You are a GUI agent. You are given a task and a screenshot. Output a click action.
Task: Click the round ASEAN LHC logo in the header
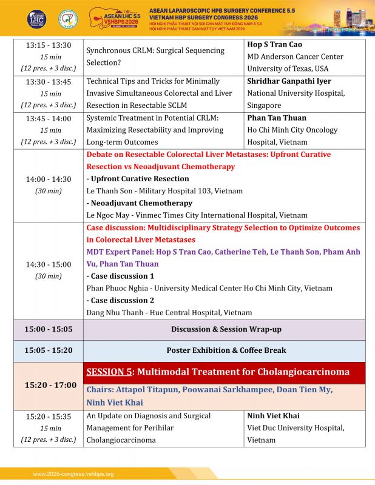coord(36,18)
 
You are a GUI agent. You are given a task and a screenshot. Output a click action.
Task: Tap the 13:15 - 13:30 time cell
coord(48,45)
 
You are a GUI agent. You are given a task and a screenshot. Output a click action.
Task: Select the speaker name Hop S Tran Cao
coord(274,45)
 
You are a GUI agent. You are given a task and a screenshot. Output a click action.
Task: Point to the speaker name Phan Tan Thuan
coord(277,118)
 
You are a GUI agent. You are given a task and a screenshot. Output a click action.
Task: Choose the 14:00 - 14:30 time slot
coord(48,179)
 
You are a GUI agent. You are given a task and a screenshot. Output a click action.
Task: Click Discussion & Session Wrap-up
coord(226,329)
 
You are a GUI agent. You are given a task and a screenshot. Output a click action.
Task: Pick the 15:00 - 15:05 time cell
coord(48,329)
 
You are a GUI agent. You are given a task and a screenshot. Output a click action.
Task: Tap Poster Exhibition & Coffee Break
coord(226,350)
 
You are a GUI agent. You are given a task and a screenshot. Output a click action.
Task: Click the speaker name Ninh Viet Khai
coord(273,416)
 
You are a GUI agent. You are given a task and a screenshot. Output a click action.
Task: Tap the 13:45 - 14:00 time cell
coord(48,118)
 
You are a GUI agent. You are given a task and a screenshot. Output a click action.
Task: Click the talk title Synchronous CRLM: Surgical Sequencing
coord(155,51)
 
